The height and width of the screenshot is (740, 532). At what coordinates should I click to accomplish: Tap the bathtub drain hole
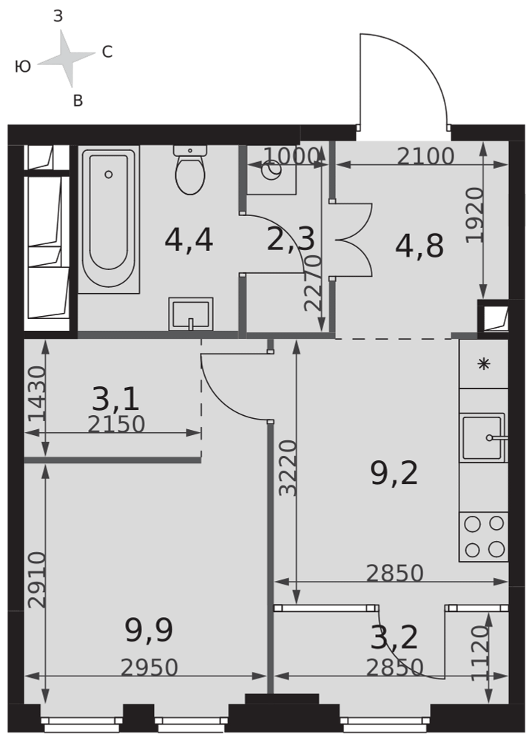coord(109,175)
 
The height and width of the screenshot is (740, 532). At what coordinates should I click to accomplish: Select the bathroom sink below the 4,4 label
coord(191,314)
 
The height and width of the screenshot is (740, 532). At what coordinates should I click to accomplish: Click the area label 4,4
coord(189,240)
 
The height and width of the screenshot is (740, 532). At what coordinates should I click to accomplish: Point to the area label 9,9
coord(149,630)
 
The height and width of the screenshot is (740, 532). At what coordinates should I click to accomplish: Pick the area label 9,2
coord(394,474)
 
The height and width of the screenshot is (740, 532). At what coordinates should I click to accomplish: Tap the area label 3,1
coord(115,399)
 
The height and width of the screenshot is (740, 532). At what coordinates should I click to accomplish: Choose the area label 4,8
coord(420,246)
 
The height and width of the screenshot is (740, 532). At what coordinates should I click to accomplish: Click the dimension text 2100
coord(425,156)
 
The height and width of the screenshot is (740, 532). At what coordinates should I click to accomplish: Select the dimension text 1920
coord(475,215)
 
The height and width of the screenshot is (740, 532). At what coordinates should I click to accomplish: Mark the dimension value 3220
coord(288,468)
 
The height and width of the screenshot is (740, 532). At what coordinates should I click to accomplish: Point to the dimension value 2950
coord(149,667)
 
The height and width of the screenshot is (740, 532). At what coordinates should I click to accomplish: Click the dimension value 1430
coord(37,394)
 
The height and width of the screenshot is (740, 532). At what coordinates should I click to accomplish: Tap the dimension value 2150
coord(116,424)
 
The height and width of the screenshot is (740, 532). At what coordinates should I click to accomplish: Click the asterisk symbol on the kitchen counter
coord(484,364)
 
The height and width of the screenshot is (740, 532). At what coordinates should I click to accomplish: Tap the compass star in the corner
coord(67,58)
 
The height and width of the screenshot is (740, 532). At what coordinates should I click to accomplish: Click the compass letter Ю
coord(23,67)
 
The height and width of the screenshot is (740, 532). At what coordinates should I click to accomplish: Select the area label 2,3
coord(290,239)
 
